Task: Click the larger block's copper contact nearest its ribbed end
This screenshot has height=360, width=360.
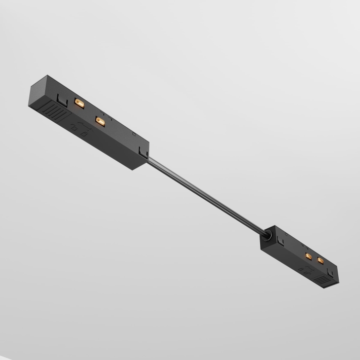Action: coord(79,103)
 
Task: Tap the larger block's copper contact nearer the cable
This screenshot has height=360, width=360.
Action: coord(99,122)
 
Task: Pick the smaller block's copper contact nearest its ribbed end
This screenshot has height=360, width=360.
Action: coord(320,260)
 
